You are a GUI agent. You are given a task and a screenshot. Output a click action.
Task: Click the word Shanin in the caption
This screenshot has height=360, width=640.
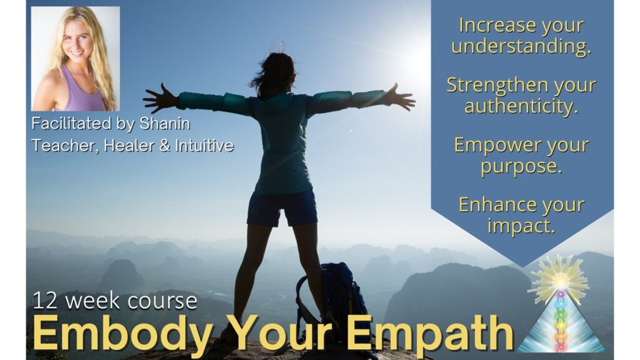[x=165, y=124]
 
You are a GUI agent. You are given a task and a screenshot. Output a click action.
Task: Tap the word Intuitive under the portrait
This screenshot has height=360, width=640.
[x=204, y=146]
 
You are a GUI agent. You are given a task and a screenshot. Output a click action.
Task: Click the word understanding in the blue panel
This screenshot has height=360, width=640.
[x=521, y=46]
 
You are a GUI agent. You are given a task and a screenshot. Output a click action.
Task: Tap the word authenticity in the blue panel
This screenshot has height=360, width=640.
[x=521, y=106]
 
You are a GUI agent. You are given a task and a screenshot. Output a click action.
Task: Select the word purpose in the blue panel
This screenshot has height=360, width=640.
[x=521, y=167]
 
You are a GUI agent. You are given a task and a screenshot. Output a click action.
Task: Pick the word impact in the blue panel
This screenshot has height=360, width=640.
[x=521, y=226]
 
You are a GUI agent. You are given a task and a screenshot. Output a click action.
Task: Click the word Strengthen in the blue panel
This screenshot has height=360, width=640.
[x=497, y=85]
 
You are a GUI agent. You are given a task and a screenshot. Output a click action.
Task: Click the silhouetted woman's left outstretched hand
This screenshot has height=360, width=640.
[x=161, y=98]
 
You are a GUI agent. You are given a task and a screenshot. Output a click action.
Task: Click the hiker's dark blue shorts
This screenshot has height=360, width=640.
[x=282, y=207]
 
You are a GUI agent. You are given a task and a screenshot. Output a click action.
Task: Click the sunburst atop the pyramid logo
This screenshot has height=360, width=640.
[x=560, y=281]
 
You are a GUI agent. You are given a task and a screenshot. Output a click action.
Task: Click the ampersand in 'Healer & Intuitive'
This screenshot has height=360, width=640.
[x=164, y=146]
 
